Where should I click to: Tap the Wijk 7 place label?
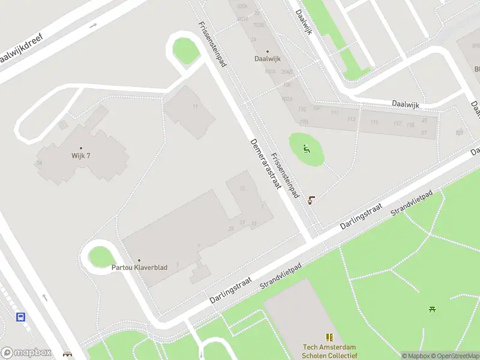pos(80,157)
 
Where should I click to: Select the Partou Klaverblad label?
pos(139,268)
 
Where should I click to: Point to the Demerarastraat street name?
pos(266,164)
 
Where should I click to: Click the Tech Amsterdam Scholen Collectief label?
pos(329,351)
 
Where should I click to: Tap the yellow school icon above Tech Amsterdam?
pos(329,338)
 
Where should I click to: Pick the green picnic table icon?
pos(432,309)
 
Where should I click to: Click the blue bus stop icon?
pos(21,317)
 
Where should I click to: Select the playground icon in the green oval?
pos(307,149)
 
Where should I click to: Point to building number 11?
pos(195,107)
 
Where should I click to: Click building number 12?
pos(242,188)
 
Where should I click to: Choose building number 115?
pos(374,122)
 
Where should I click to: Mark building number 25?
pos(231,229)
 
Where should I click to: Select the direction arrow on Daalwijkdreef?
pos(93,26)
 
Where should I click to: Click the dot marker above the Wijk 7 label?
pos(80,148)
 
